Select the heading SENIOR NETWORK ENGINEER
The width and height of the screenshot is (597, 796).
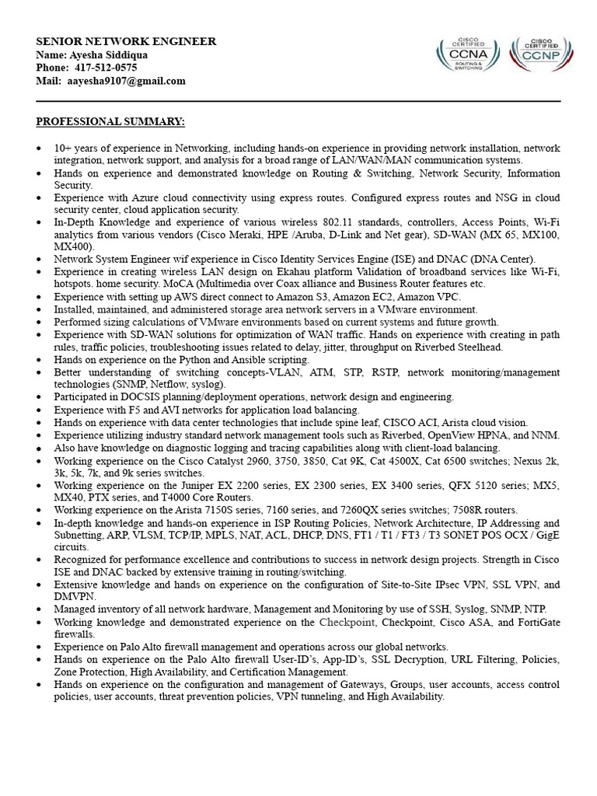click(126, 41)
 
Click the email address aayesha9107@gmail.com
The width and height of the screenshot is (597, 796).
click(126, 81)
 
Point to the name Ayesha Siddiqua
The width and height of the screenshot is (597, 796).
click(109, 54)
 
